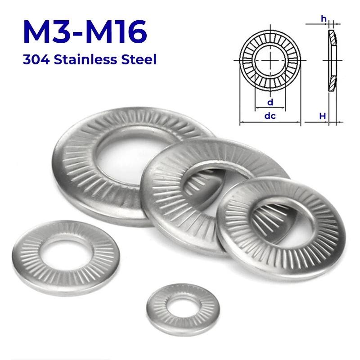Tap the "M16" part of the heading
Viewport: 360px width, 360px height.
point(119,32)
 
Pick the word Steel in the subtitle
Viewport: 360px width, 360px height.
point(139,59)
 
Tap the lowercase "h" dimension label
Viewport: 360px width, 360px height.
point(323,18)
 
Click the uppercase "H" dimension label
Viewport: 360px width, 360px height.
point(322,116)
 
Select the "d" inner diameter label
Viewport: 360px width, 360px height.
point(270,103)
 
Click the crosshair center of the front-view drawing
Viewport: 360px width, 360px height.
point(270,60)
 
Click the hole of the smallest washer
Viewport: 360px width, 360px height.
point(179,305)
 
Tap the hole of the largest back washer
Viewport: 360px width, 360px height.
point(130,148)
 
